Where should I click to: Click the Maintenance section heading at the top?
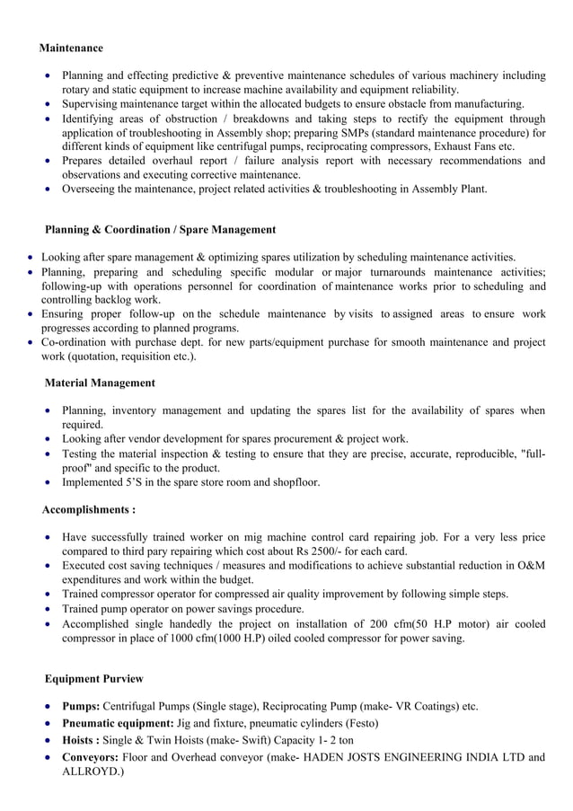[71, 48]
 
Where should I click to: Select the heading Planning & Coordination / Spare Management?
[160, 230]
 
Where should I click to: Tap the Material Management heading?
[100, 383]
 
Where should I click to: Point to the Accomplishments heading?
[89, 510]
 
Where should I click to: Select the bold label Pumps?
[80, 706]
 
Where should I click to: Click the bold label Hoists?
[79, 740]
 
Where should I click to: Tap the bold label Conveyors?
[90, 757]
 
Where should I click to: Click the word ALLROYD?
[93, 771]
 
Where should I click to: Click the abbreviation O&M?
[530, 566]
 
